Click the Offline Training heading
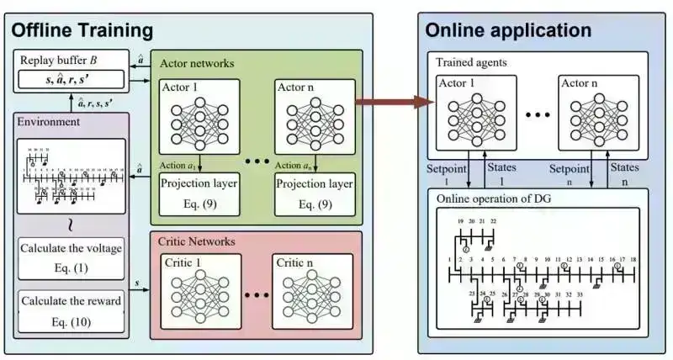(82, 31)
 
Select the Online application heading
(508, 31)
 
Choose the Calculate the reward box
(72, 310)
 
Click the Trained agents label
(470, 62)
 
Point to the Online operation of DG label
(495, 198)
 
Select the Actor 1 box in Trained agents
(476, 114)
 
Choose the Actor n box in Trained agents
(596, 114)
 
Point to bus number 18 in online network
(633, 259)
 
